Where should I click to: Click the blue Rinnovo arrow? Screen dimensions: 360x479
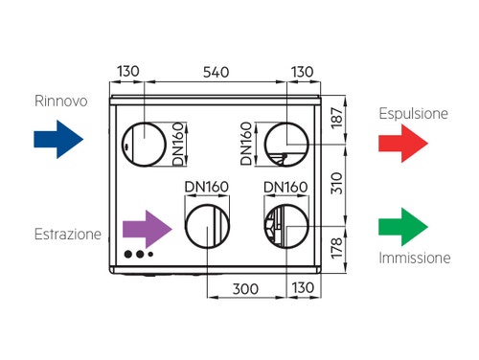pyautogui.click(x=58, y=139)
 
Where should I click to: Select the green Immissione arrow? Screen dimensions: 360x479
pyautogui.click(x=401, y=227)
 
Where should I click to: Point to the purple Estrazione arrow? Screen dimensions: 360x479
pyautogui.click(x=148, y=231)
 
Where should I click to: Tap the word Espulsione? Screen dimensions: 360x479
pyautogui.click(x=413, y=112)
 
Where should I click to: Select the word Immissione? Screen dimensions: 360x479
pyautogui.click(x=414, y=259)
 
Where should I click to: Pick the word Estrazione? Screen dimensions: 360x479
pyautogui.click(x=67, y=235)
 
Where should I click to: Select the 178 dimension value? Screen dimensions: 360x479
pyautogui.click(x=360, y=250)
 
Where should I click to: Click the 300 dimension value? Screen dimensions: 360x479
pyautogui.click(x=247, y=287)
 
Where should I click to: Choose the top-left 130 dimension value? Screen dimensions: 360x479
pyautogui.click(x=129, y=72)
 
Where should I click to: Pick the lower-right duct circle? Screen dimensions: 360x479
pyautogui.click(x=286, y=228)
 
